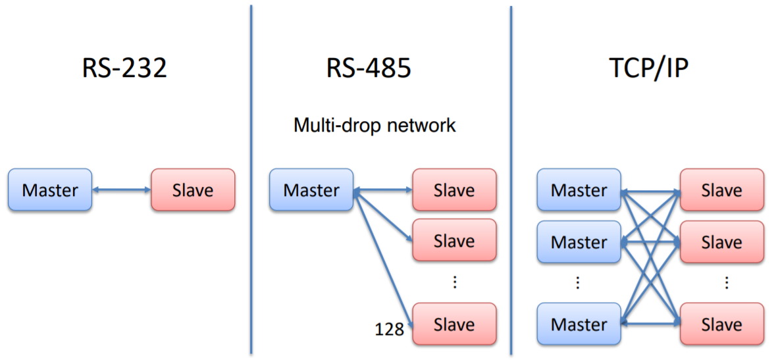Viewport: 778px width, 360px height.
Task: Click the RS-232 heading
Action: [124, 68]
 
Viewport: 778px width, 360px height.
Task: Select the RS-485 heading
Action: [369, 68]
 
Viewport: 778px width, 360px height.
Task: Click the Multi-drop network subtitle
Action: [375, 125]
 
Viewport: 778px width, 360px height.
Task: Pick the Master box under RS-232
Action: [50, 190]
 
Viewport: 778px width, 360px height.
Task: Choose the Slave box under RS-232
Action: [193, 190]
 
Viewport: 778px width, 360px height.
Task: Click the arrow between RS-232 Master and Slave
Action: [121, 190]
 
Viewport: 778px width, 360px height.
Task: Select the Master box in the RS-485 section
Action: [311, 190]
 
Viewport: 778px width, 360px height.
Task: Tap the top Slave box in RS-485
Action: [454, 190]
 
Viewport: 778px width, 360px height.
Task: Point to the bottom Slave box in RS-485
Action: [454, 324]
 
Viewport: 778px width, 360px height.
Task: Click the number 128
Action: [389, 329]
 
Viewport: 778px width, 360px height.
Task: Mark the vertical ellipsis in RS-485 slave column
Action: [454, 282]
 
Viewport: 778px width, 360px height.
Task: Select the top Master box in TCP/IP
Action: [579, 190]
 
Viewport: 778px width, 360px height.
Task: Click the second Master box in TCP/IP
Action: [579, 242]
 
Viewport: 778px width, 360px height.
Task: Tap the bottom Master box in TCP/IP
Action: [579, 324]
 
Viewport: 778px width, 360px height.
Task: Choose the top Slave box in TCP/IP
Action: [721, 190]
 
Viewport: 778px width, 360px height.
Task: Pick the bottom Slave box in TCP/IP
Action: [721, 324]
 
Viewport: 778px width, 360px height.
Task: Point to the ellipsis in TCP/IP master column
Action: [578, 282]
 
